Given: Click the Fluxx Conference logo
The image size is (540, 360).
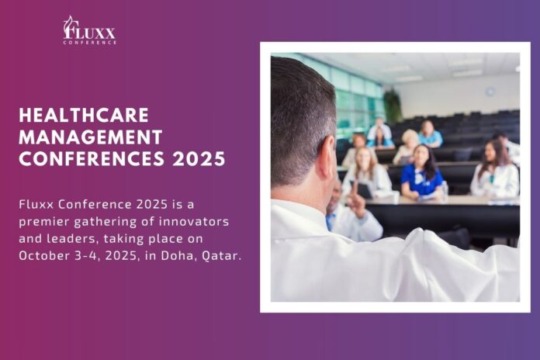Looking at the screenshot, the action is pos(89,30).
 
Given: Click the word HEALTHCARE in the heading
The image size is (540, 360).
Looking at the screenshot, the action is pos(84,115).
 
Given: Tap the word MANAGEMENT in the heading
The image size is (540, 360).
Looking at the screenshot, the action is pos(91,137).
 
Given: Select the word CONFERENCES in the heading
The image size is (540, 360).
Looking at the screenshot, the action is pos(92,159).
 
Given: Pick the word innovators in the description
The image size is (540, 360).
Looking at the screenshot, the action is pos(194,221).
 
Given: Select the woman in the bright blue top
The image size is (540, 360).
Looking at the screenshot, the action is pos(421,172).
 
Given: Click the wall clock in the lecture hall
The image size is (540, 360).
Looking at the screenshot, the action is pos(490,92).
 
